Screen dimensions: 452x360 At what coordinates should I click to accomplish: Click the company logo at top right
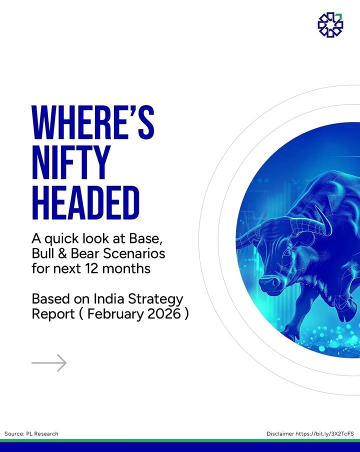(x=330, y=25)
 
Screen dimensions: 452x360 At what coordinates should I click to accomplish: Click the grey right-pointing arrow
(x=49, y=363)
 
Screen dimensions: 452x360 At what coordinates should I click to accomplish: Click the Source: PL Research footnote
(x=31, y=433)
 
